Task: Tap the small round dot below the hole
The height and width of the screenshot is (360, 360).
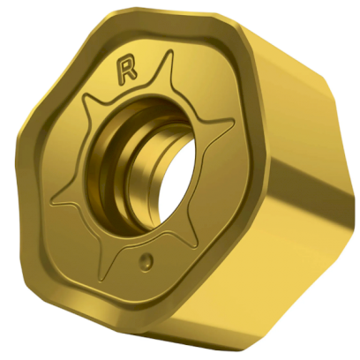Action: (146, 260)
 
